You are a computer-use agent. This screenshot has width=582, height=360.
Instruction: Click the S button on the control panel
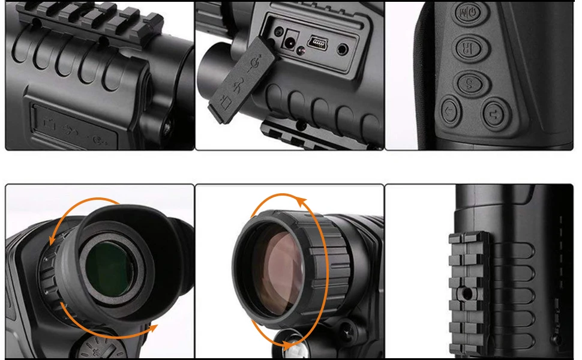click(x=469, y=83)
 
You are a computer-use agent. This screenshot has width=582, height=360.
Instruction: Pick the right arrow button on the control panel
click(x=495, y=112)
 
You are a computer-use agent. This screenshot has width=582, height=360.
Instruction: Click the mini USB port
click(x=317, y=42)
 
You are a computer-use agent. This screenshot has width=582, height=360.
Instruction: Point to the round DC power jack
click(x=292, y=41)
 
